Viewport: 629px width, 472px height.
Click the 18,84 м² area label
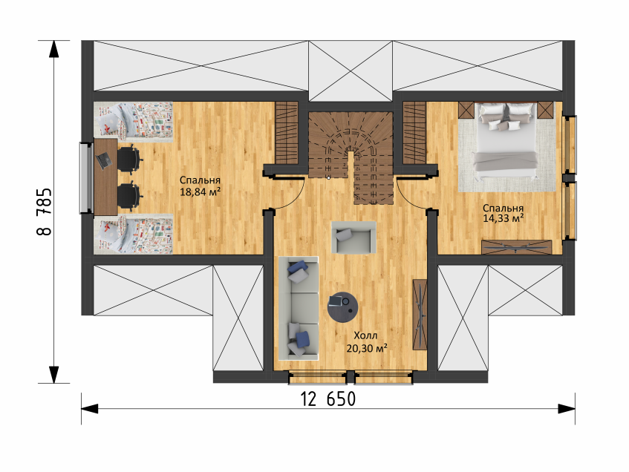[201, 191]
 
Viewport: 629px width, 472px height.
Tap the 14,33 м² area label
[503, 218]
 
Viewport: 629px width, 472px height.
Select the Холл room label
[365, 335]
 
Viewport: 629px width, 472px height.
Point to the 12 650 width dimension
[328, 399]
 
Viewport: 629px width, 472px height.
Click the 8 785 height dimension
[44, 212]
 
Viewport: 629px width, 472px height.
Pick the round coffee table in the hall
[342, 307]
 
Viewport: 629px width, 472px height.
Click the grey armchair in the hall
[353, 237]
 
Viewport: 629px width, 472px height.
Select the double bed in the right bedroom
[506, 141]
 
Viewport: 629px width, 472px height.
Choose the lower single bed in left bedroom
[133, 235]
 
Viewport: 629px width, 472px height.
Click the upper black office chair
[129, 160]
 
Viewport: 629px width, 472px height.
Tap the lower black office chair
[129, 196]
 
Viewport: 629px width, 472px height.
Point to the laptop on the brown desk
[104, 160]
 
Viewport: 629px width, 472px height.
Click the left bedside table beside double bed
[466, 110]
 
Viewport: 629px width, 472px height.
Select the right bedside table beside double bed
[545, 110]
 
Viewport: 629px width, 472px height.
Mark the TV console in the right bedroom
[517, 247]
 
